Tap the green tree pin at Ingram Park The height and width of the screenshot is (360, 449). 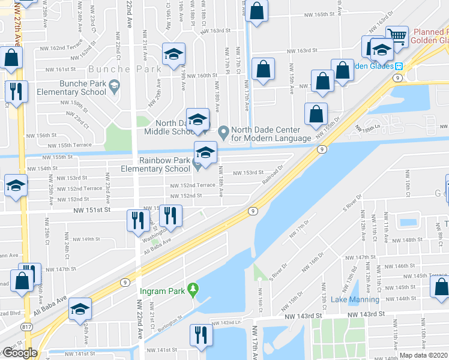click(x=192, y=290)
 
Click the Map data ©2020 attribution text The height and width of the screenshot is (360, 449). click(x=423, y=355)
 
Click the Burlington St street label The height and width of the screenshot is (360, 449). click(x=170, y=322)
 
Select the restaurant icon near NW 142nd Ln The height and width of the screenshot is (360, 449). click(x=200, y=334)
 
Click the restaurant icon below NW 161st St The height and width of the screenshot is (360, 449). click(x=15, y=91)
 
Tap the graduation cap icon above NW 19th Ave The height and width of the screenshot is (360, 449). click(x=173, y=55)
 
